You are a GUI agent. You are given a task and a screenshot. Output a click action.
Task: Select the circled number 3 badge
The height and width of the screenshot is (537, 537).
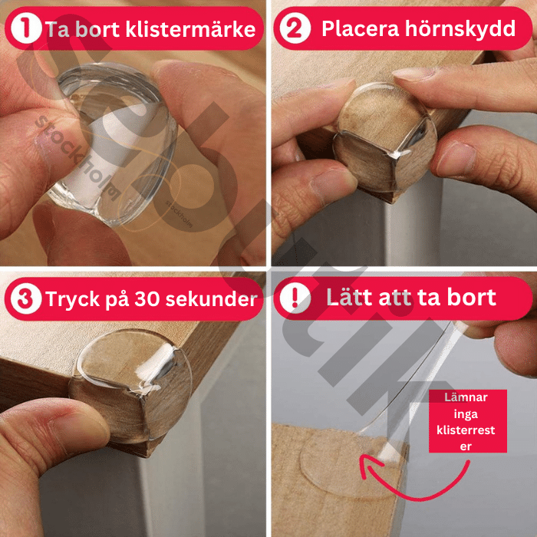28,299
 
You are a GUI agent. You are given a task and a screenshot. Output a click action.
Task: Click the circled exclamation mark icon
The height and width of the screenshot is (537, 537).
295,299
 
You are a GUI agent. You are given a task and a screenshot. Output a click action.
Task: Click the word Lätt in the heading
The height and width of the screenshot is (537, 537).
354,298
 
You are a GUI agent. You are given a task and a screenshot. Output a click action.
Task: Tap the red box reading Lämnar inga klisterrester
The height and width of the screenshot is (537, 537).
468,420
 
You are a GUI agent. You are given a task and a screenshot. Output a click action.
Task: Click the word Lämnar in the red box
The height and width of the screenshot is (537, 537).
468,397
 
